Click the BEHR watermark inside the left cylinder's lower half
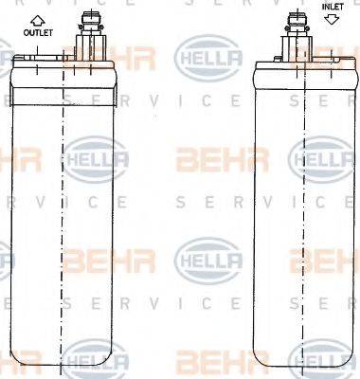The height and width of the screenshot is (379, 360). point(96,258)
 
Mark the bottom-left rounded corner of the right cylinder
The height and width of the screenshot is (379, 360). point(259,365)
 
